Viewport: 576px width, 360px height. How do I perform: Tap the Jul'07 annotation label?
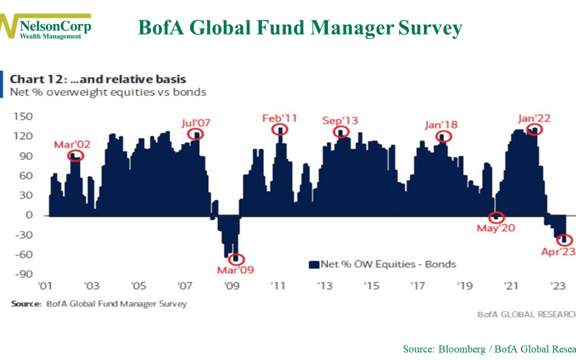tap(196, 123)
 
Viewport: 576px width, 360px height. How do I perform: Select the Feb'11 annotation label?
tap(279, 117)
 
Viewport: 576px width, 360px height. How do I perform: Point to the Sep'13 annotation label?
tap(339, 120)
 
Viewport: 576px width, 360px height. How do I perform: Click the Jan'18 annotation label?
tap(442, 125)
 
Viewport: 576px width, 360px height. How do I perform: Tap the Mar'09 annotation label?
tap(235, 269)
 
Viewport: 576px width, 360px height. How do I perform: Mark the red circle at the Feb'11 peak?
tap(279, 129)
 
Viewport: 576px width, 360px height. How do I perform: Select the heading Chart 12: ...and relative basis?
tap(98, 79)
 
